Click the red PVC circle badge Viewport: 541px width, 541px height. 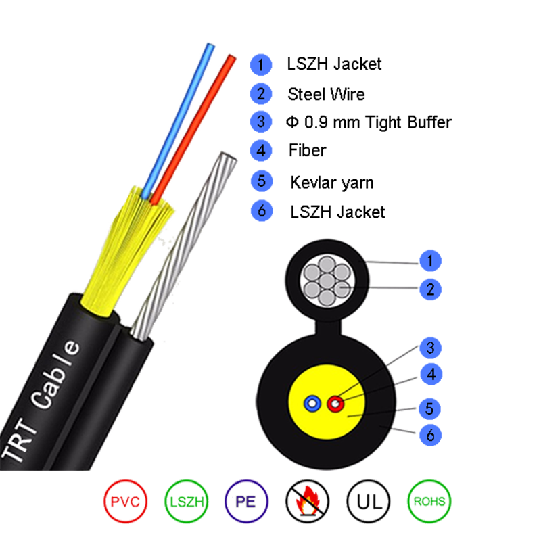click(125, 501)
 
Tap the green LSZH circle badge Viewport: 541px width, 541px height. click(187, 501)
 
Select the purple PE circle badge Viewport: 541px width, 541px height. click(246, 501)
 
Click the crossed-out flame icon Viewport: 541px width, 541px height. click(307, 501)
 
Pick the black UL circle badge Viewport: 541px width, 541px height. click(368, 501)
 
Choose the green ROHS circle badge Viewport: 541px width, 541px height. click(429, 501)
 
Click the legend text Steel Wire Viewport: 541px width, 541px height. click(326, 94)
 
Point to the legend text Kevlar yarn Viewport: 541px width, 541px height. click(332, 183)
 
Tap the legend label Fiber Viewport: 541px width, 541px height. click(308, 150)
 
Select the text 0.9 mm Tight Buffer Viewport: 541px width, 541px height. click(378, 122)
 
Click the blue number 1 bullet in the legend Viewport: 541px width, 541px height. click(261, 64)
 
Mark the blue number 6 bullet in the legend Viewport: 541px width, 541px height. click(262, 211)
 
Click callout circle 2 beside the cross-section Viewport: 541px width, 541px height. click(430, 289)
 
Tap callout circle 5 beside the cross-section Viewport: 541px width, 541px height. click(429, 408)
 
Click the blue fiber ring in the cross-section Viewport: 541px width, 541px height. click(312, 403)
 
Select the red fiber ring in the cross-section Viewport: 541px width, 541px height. click(335, 403)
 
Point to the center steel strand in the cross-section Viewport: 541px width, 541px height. click(327, 281)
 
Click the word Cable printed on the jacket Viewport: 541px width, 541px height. click(56, 375)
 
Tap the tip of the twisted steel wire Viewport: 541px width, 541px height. click(228, 156)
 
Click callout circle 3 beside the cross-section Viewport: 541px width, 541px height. click(430, 348)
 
